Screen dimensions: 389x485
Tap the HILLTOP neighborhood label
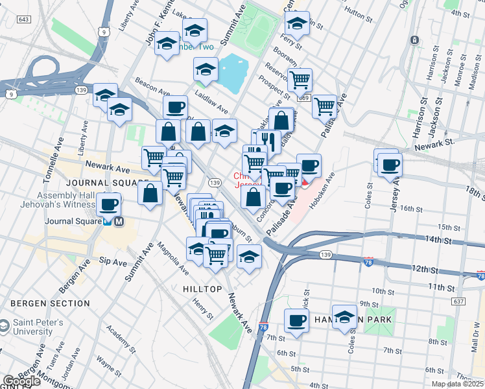[204, 289]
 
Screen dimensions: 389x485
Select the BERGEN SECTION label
[49, 303]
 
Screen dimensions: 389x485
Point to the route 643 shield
[24, 20]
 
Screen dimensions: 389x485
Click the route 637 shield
[459, 301]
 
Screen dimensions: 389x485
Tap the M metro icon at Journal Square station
[119, 222]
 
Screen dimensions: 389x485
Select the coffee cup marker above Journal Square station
[108, 205]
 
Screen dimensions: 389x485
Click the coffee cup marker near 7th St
[297, 320]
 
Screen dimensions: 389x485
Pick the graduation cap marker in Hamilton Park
[344, 316]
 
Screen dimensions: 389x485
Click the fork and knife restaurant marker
[268, 141]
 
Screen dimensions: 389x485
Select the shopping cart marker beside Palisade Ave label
[324, 105]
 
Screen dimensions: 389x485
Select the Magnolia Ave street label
[173, 254]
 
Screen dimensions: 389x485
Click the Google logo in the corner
[21, 381]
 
